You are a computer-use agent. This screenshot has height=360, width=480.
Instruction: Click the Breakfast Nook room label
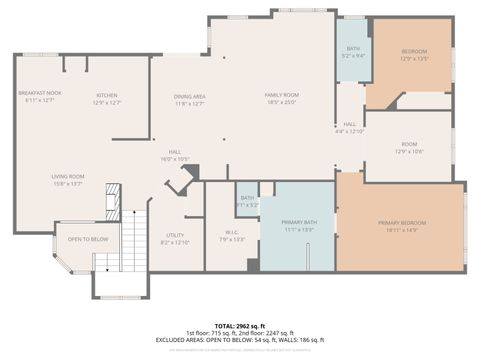click(x=39, y=93)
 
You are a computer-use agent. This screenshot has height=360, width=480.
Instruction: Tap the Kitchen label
click(x=107, y=96)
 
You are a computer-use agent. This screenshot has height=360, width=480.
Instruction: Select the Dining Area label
click(x=189, y=97)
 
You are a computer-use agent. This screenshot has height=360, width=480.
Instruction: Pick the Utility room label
click(x=175, y=236)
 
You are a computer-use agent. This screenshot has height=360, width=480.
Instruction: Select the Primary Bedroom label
click(x=401, y=222)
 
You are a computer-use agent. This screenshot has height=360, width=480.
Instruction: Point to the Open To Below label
click(x=88, y=239)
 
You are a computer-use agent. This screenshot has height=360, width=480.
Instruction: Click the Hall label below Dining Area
click(x=175, y=154)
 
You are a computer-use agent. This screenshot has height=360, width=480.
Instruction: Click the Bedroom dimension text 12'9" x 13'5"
click(x=414, y=59)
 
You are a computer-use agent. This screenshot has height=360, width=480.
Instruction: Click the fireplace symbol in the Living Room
click(x=113, y=194)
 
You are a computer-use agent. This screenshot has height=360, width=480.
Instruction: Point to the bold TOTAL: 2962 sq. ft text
click(x=240, y=326)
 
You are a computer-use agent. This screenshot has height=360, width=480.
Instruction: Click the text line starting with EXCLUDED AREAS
click(x=240, y=341)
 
